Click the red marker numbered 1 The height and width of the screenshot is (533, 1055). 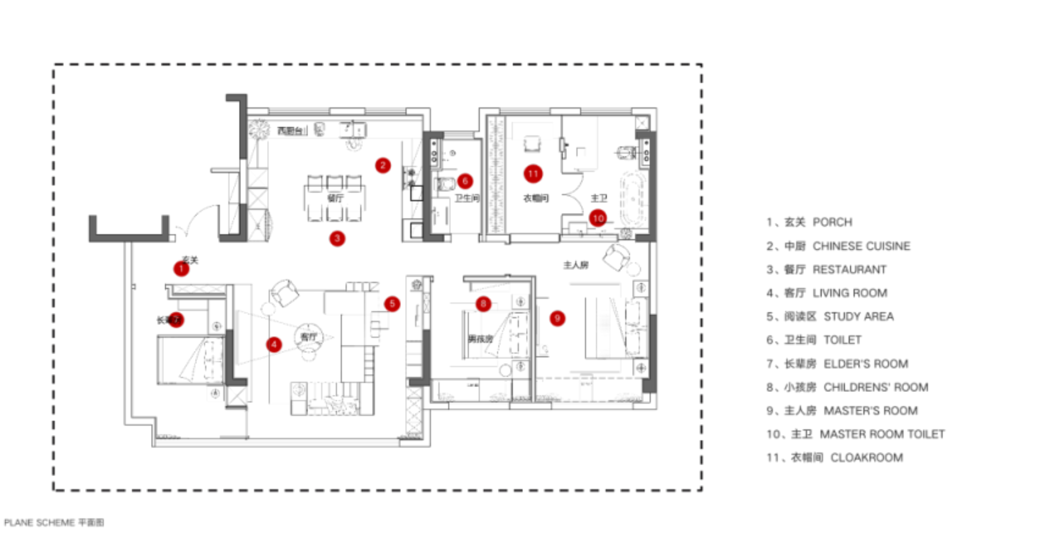click(x=181, y=269)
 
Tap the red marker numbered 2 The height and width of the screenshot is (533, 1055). click(x=383, y=166)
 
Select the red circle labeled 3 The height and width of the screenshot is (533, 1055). click(x=337, y=238)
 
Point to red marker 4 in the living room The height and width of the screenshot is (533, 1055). click(x=274, y=344)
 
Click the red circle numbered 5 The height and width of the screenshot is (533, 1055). click(x=392, y=304)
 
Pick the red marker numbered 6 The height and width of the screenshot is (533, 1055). click(x=465, y=181)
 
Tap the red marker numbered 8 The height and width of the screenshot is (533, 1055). click(x=483, y=304)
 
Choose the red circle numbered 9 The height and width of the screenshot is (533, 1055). click(x=557, y=318)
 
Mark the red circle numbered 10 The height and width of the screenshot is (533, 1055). click(x=598, y=218)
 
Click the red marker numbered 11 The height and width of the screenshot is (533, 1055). click(x=533, y=174)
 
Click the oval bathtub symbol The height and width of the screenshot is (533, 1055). click(x=633, y=199)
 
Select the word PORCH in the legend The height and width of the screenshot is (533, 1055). click(x=832, y=222)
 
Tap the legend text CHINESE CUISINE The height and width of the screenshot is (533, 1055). click(x=861, y=246)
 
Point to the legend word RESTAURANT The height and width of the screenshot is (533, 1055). click(x=849, y=270)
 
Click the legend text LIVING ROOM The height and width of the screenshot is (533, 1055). click(x=850, y=293)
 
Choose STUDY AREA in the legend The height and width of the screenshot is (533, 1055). click(x=859, y=317)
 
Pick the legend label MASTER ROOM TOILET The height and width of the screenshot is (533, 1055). click(x=882, y=434)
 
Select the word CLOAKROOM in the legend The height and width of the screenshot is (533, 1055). click(x=867, y=458)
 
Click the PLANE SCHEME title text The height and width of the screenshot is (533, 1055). click(x=39, y=522)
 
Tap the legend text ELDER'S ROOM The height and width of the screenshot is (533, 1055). click(x=866, y=364)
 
